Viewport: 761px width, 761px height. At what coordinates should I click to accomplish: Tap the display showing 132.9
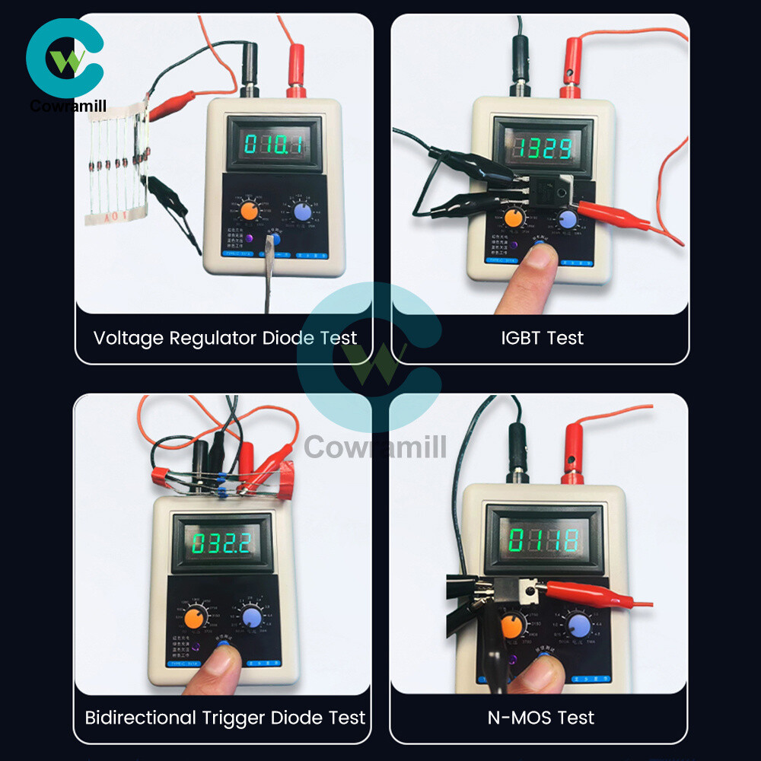pyautogui.click(x=541, y=147)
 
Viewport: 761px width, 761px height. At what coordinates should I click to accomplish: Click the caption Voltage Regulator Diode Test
pyautogui.click(x=224, y=338)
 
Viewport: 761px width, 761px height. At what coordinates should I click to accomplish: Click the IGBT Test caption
pyautogui.click(x=542, y=338)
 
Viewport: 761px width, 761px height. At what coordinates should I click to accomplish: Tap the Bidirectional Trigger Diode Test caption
pyautogui.click(x=224, y=717)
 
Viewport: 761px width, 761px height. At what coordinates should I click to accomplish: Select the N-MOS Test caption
pyautogui.click(x=541, y=717)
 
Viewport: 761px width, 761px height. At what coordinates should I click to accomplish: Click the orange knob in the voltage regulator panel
pyautogui.click(x=248, y=211)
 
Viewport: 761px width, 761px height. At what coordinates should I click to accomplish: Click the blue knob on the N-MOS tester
pyautogui.click(x=581, y=626)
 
